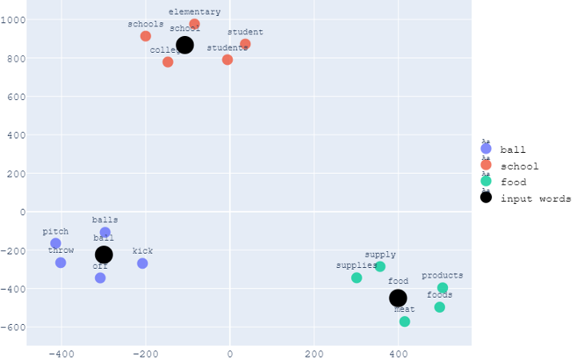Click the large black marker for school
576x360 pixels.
click(x=185, y=45)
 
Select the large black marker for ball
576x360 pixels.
click(x=104, y=255)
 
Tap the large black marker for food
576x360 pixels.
click(x=398, y=298)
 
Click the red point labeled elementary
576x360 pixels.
click(x=194, y=24)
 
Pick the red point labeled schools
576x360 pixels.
click(x=146, y=36)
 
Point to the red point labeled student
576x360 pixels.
click(x=245, y=44)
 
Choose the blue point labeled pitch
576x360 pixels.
click(x=55, y=243)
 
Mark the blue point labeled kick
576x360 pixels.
click(x=142, y=263)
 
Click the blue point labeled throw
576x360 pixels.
click(x=61, y=262)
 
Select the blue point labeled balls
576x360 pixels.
click(x=105, y=233)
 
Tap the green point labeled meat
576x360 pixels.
click(x=405, y=322)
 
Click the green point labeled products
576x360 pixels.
click(x=442, y=288)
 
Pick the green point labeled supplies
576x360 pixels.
click(x=357, y=278)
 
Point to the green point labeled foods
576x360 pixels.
click(x=439, y=307)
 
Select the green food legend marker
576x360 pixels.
click(x=486, y=182)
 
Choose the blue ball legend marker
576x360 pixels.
click(x=486, y=149)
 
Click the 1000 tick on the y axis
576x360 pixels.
click(x=14, y=20)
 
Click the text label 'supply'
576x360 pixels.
click(x=380, y=254)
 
